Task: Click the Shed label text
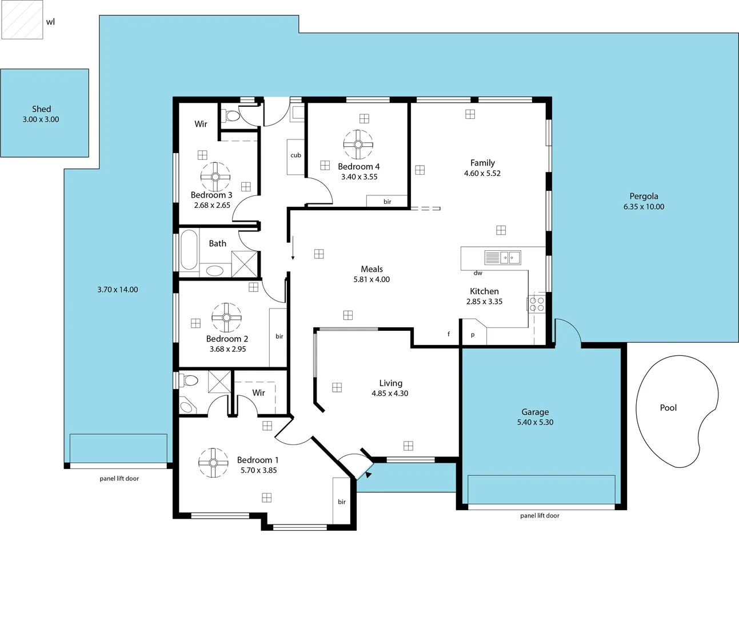[41, 109]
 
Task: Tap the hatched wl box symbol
[22, 20]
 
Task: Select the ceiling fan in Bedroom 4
[358, 144]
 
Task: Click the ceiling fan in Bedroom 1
[213, 463]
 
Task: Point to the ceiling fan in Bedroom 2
[226, 318]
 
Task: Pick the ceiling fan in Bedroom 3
[215, 177]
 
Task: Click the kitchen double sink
[503, 258]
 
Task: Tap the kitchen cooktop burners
[537, 303]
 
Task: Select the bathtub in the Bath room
[189, 250]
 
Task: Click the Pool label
[668, 407]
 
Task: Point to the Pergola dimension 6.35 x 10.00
[644, 207]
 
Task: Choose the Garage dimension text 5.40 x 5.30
[535, 422]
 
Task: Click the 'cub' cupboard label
[295, 155]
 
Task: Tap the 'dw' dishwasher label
[478, 273]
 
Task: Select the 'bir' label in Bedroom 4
[387, 202]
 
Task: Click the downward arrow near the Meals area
[293, 248]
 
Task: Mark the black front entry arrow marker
[369, 474]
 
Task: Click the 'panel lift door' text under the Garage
[540, 515]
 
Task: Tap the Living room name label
[390, 383]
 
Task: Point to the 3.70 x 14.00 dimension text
[118, 290]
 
